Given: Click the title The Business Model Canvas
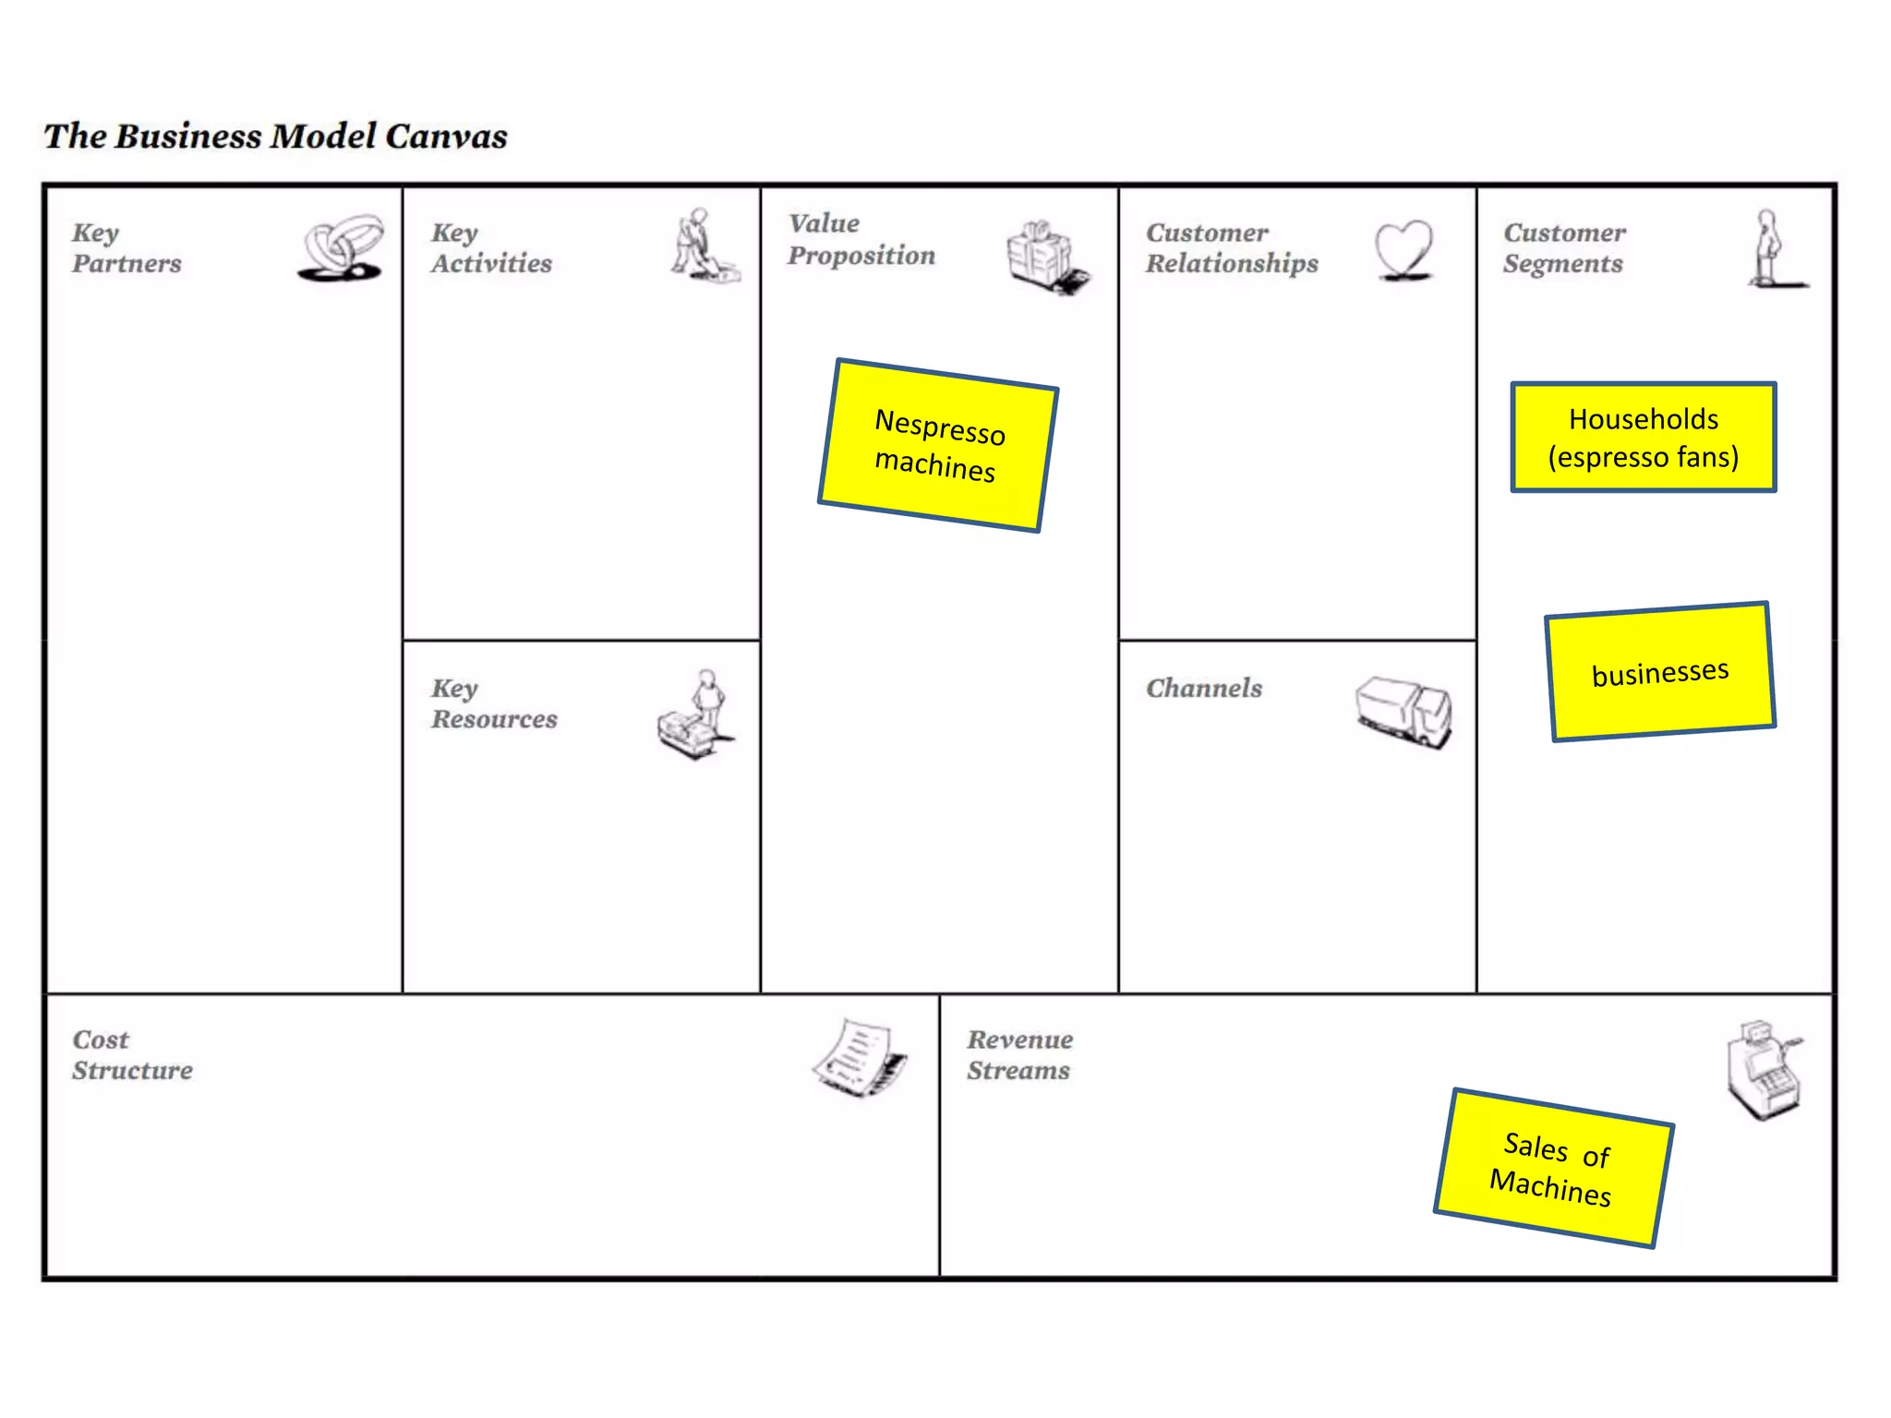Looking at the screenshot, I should (x=275, y=137).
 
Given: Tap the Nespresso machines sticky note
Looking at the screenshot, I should (x=938, y=445).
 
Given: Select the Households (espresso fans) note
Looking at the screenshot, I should (x=1644, y=438).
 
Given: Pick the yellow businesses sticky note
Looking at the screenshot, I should (x=1660, y=671).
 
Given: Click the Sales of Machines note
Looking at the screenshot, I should (x=1553, y=1168).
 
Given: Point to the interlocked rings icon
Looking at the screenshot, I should (x=341, y=247).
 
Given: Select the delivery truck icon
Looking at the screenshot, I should (x=1403, y=711).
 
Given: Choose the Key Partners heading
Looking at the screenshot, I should (x=126, y=248).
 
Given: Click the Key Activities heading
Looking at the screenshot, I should (x=491, y=248).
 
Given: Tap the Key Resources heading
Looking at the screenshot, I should (x=494, y=703).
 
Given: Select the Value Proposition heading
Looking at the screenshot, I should (x=861, y=239).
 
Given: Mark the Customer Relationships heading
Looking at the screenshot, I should (x=1232, y=248).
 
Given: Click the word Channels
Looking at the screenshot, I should (x=1204, y=689).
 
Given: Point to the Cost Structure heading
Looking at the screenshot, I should (x=132, y=1055).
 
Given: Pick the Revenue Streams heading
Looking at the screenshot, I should (x=1019, y=1055).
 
